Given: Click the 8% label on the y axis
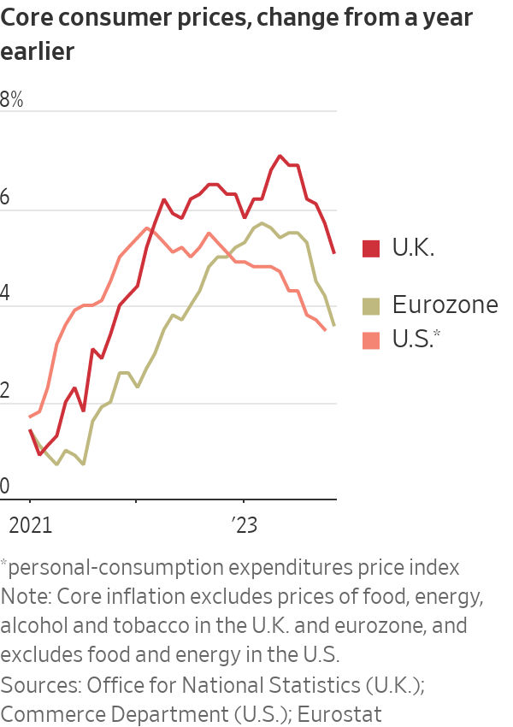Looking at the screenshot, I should (12, 99).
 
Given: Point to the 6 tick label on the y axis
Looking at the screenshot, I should (5, 197).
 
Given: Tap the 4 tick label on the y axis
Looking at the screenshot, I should (5, 293).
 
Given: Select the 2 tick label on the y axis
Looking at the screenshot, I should (5, 391).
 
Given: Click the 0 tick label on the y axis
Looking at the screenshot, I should (5, 487).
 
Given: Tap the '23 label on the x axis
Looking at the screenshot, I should (245, 525).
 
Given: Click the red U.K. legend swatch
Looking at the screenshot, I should (371, 249).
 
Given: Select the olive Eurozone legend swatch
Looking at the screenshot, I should (371, 305).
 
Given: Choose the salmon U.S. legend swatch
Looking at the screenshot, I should (371, 340).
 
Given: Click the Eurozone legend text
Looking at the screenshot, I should (445, 304).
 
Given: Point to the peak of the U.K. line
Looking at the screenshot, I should (280, 156).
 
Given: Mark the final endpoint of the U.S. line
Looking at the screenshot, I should (325, 330).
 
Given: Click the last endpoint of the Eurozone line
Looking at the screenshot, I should (333, 325).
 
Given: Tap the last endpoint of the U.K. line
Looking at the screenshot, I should (333, 252).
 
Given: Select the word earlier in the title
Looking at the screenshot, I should (38, 51).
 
